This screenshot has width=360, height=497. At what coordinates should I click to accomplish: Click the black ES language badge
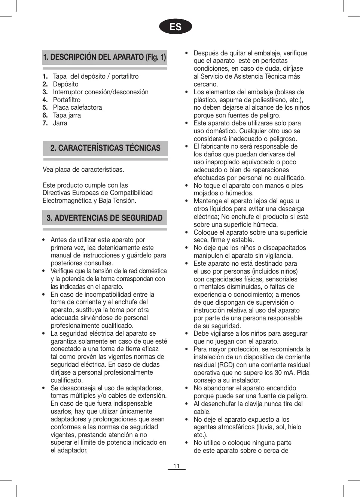(176, 27)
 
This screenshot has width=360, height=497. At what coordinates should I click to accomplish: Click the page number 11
(176, 466)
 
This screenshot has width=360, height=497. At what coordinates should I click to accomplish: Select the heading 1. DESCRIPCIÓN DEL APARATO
(104, 57)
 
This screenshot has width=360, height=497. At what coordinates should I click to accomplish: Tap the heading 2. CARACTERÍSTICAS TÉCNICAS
(105, 148)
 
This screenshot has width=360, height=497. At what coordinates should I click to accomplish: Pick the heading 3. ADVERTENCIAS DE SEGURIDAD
(104, 218)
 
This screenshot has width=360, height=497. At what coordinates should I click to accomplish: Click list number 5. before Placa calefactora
(45, 107)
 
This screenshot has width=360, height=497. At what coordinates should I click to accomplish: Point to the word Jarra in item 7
(60, 123)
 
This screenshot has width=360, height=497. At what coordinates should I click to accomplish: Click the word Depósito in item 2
(66, 84)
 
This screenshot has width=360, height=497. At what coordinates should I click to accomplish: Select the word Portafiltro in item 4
(67, 100)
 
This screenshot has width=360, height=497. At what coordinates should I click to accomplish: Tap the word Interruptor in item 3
(69, 92)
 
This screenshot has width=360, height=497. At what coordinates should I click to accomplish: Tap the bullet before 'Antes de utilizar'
(44, 240)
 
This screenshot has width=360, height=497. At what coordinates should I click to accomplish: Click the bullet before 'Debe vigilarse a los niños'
(187, 333)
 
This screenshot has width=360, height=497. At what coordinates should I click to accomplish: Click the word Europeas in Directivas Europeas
(86, 193)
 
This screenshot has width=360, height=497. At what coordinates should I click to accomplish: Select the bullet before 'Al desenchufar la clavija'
(187, 404)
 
